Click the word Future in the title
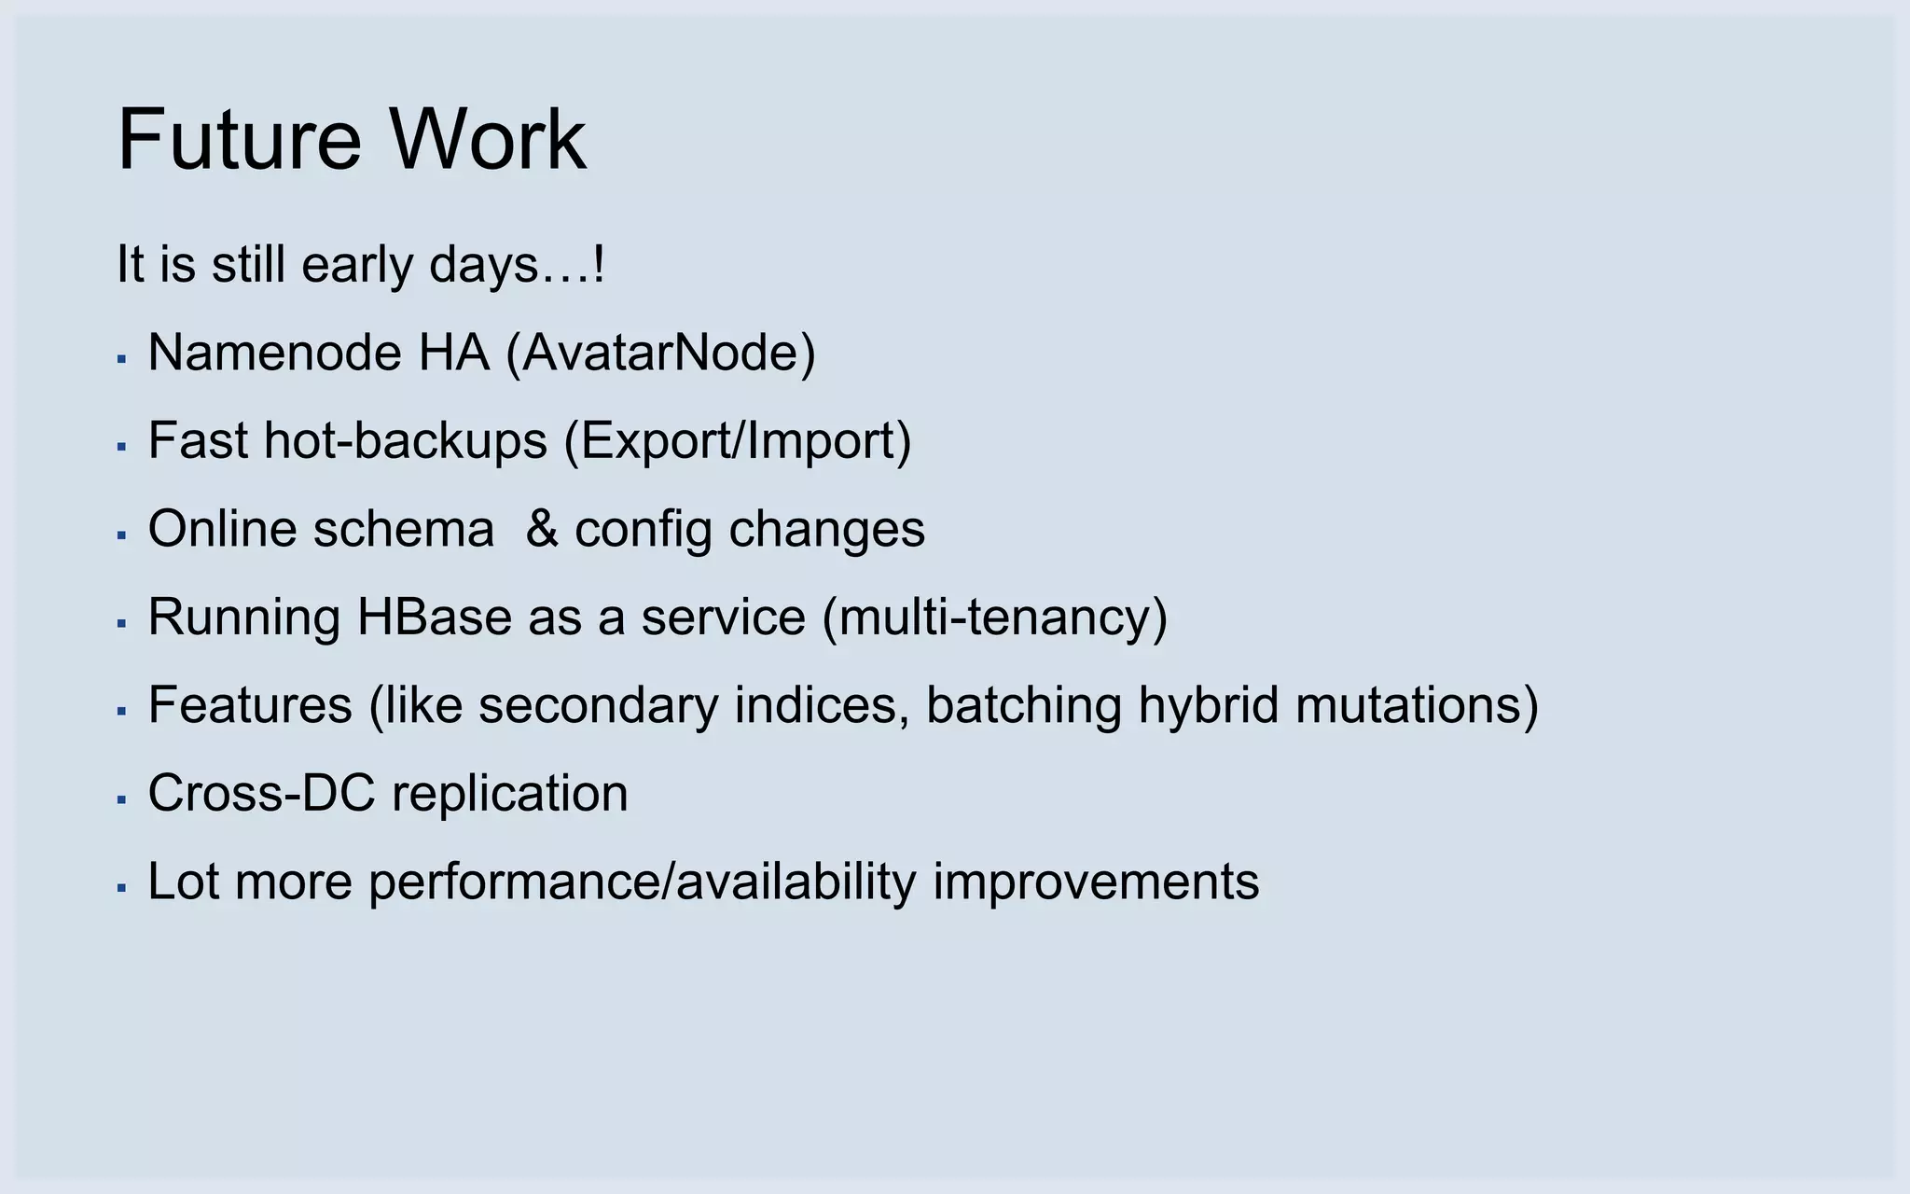(x=239, y=140)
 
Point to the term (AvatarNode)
(x=660, y=354)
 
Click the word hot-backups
(x=406, y=441)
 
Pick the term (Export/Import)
(x=738, y=441)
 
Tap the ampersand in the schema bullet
(x=542, y=529)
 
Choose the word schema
(x=404, y=529)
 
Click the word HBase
(x=435, y=618)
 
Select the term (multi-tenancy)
(x=995, y=618)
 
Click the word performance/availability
(x=643, y=882)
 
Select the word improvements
(x=1096, y=882)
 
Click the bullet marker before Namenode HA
(x=121, y=358)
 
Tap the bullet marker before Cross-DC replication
(x=121, y=798)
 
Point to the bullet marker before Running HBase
(x=121, y=622)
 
